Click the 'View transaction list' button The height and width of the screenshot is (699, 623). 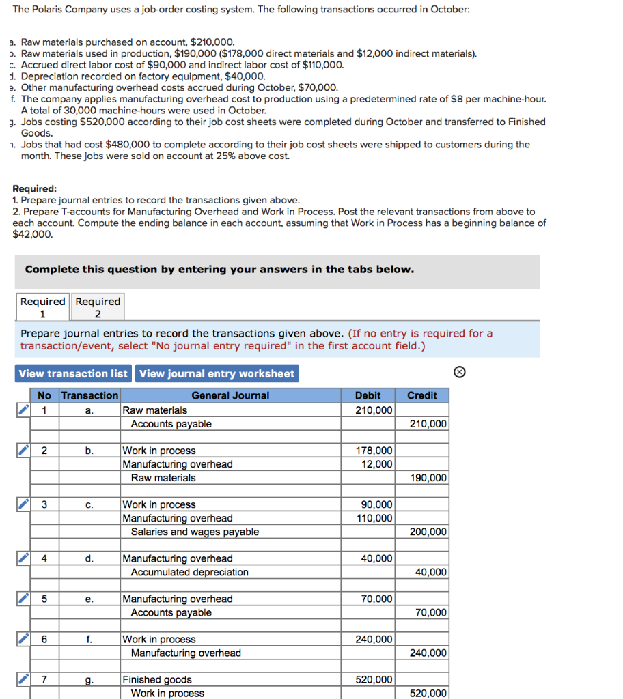click(x=73, y=373)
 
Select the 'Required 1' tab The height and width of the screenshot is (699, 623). click(x=42, y=307)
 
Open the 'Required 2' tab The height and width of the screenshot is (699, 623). click(x=98, y=307)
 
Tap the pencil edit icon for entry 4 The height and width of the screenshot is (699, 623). click(x=23, y=558)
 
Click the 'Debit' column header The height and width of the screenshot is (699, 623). click(x=368, y=395)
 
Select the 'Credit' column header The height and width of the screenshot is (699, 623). click(x=421, y=395)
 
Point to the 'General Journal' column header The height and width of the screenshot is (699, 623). click(x=230, y=395)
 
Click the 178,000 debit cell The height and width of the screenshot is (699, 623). click(x=368, y=451)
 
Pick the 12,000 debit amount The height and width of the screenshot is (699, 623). click(x=368, y=464)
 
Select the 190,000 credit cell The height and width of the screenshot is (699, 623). click(x=422, y=478)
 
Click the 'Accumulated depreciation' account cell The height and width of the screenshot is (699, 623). click(x=189, y=572)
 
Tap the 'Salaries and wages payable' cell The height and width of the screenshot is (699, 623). click(x=195, y=532)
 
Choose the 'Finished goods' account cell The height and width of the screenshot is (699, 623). click(x=157, y=679)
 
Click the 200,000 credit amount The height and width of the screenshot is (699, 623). click(x=422, y=532)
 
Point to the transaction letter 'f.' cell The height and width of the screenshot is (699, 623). click(x=89, y=639)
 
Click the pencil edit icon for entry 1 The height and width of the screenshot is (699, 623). click(x=23, y=410)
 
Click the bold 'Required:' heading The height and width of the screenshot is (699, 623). click(x=35, y=189)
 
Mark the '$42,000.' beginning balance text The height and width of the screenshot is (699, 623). click(x=33, y=234)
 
